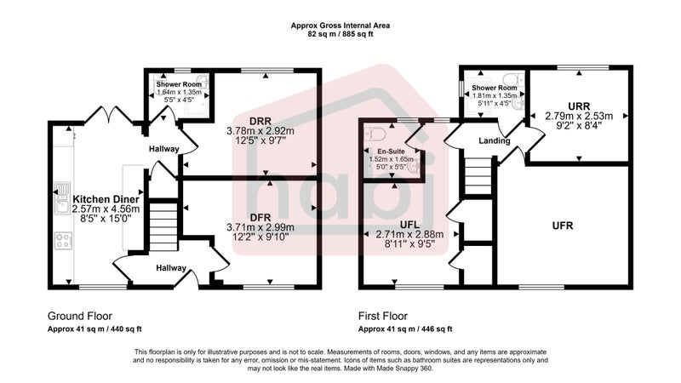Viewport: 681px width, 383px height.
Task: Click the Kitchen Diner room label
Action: (106, 199)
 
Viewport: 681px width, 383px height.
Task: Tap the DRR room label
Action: (260, 121)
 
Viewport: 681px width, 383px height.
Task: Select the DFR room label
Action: (260, 218)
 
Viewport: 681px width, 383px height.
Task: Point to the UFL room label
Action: (409, 225)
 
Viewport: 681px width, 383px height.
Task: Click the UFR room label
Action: (563, 226)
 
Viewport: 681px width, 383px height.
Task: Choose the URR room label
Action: (579, 106)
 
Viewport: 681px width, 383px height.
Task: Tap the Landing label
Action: (495, 140)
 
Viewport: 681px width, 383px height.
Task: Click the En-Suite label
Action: (391, 151)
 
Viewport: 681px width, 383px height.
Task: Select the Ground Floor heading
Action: (80, 316)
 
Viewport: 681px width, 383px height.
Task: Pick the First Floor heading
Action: (383, 316)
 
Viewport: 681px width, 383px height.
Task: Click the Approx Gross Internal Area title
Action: (340, 26)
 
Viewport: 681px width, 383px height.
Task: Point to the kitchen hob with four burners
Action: (63, 241)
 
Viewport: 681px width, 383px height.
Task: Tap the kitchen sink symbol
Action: (62, 198)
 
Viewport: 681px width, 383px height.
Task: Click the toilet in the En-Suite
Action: (375, 134)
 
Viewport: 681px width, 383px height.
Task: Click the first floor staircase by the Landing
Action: (478, 176)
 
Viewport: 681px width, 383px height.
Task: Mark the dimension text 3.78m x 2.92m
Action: (260, 131)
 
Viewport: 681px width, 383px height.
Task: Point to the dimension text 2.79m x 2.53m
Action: (579, 116)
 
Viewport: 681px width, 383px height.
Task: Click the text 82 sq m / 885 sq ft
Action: (340, 34)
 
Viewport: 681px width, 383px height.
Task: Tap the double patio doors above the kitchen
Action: (110, 115)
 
